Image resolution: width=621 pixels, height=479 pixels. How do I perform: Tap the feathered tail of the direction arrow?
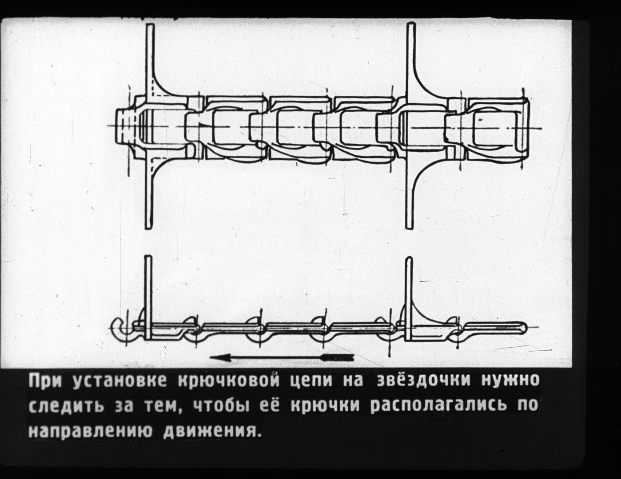click(x=337, y=357)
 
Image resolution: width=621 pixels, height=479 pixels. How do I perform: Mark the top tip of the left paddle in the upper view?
click(x=150, y=25)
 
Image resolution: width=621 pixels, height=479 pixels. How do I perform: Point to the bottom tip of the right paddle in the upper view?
click(x=410, y=227)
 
